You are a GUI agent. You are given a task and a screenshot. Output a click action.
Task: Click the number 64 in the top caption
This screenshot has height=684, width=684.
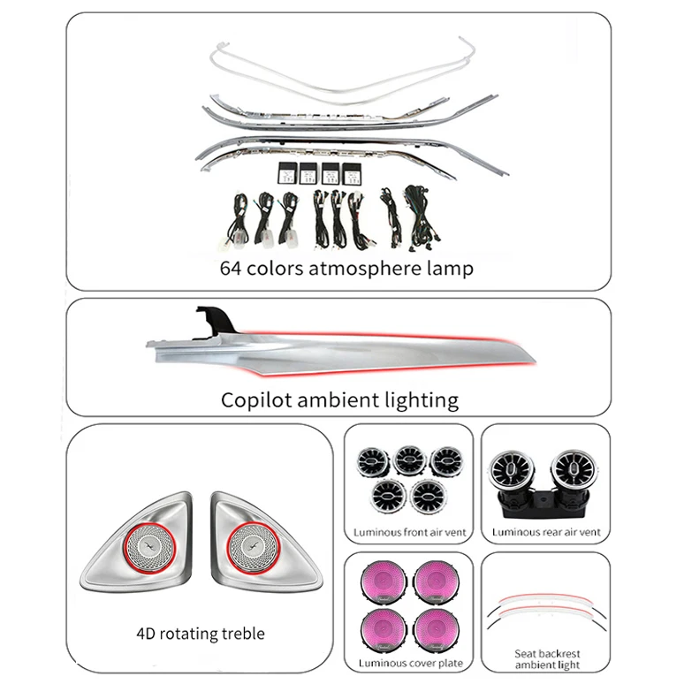coord(231,269)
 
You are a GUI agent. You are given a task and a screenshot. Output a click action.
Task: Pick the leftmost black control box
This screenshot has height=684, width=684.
coord(287,173)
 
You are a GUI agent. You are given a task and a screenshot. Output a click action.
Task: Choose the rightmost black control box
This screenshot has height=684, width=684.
coord(351,173)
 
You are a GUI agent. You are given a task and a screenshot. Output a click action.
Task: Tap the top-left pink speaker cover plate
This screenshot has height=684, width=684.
coord(384,581)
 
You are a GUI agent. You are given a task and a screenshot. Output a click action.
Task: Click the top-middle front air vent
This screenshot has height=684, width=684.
coord(409,460)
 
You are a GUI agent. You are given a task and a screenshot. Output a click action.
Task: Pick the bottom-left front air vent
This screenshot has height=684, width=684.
coord(389,496)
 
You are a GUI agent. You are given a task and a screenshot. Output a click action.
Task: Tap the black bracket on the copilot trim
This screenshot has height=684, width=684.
coord(216,321)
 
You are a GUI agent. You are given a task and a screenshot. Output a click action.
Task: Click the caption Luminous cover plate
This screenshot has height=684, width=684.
coord(410,664)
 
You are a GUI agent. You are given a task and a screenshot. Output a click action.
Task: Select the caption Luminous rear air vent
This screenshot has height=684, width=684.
coord(546,532)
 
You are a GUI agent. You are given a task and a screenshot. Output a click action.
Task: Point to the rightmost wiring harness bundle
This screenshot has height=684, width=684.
coord(421,218)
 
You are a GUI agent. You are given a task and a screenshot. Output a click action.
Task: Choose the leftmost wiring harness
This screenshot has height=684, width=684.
coord(239,221)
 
